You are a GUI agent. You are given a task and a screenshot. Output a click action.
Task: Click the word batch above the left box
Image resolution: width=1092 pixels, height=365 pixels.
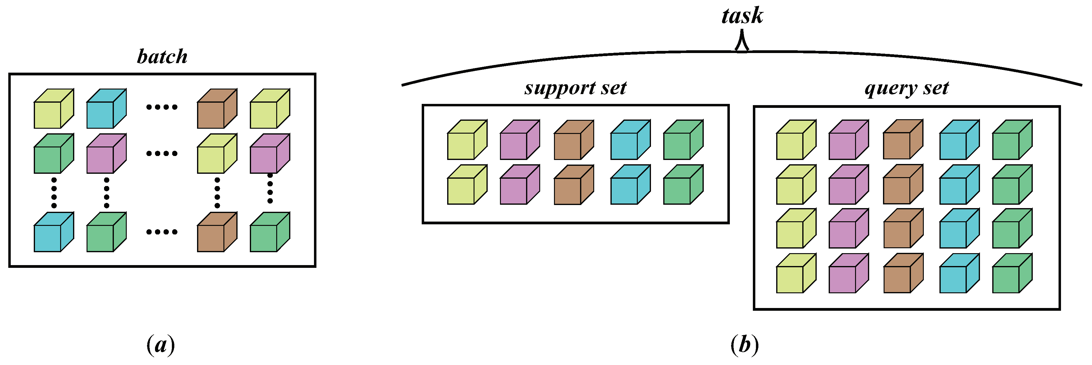pos(162,57)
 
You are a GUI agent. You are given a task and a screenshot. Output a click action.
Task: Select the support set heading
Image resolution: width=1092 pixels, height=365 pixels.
pos(575,88)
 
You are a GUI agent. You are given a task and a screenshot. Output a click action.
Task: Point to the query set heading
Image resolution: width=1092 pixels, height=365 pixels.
pos(907,88)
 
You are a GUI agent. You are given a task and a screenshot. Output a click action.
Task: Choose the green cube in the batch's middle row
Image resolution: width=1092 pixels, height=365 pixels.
pos(53,154)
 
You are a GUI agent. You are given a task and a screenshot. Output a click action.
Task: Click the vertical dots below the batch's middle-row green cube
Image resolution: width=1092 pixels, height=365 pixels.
pos(54,193)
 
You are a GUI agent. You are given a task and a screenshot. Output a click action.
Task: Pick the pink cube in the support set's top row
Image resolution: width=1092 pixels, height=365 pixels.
pos(519,140)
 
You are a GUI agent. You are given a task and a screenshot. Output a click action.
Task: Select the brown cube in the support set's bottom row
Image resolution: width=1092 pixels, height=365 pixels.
pos(574,185)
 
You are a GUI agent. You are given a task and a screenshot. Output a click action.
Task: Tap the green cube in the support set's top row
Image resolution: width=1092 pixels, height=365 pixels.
pos(683,140)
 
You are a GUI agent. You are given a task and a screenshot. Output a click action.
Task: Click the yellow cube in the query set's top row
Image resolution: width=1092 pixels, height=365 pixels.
pos(796,140)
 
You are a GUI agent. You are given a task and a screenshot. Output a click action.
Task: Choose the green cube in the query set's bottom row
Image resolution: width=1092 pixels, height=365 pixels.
pos(1012,274)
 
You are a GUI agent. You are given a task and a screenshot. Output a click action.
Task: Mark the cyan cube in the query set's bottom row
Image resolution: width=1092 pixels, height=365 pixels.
pos(959,274)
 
